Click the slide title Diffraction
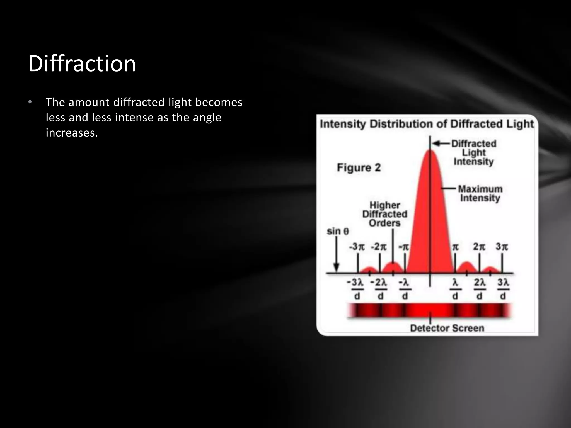point(82,64)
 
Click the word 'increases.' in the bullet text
point(72,133)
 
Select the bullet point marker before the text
point(30,102)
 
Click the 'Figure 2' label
point(359,167)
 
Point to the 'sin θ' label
point(338,231)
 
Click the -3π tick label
point(357,247)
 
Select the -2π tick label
point(379,247)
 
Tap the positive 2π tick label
point(479,247)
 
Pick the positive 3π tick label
point(502,247)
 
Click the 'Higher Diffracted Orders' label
point(385,214)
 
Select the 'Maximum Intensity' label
point(480,193)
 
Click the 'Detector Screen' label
point(447,328)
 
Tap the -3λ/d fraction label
point(356,289)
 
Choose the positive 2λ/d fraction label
point(480,289)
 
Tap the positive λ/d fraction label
point(455,289)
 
